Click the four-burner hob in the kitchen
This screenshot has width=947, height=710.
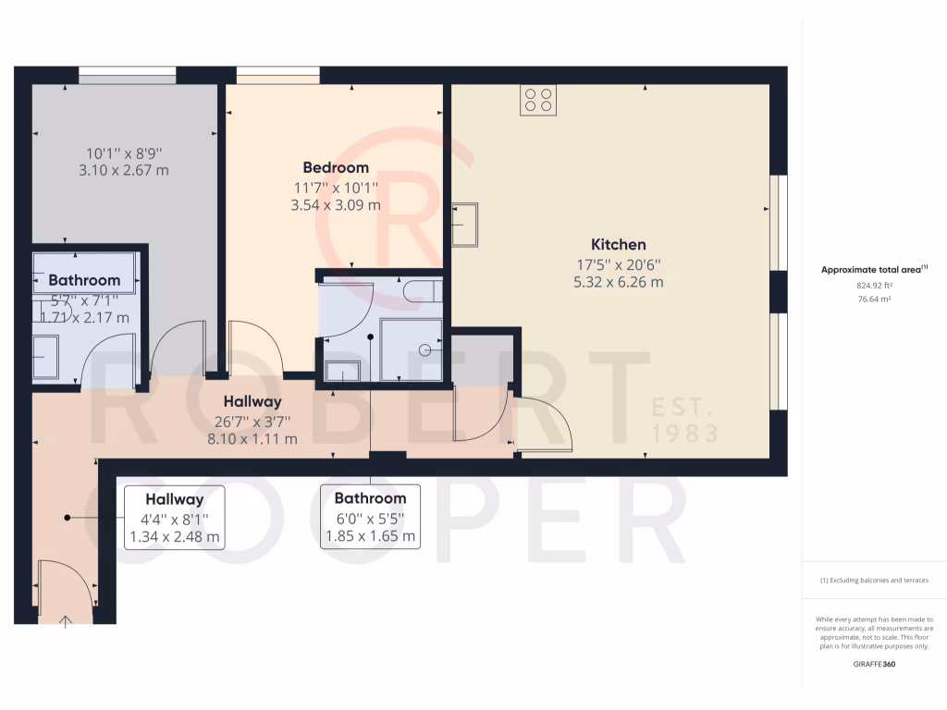point(538,100)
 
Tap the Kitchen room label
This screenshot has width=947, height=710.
point(618,245)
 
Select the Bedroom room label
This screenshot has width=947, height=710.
point(336,167)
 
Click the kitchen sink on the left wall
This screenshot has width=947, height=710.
point(464,225)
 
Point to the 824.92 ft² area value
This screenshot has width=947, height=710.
point(874,286)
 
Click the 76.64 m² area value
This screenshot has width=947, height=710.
point(874,299)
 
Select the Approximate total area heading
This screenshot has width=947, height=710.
point(874,270)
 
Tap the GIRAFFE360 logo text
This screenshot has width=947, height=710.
point(874,664)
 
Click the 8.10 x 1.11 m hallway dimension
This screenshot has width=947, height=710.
point(252,439)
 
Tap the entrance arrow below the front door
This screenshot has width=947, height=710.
point(67,620)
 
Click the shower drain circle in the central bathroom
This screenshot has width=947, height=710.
point(425,349)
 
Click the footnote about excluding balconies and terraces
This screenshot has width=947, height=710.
point(874,581)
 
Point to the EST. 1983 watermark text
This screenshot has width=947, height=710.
point(685,419)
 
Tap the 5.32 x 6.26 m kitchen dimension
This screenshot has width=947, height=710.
point(618,282)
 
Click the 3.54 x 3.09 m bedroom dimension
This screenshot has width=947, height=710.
point(336,205)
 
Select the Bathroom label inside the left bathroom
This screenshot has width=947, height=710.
point(84,280)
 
